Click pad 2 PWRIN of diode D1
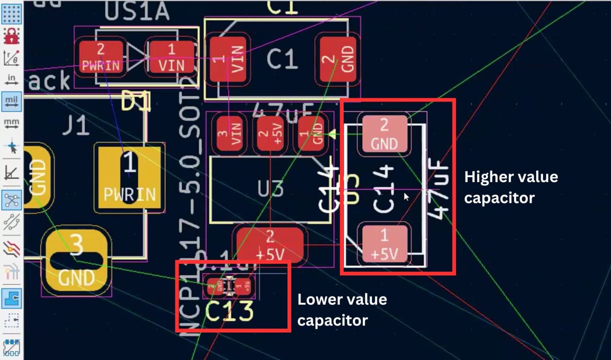[x=101, y=57]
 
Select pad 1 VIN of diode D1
[x=171, y=57]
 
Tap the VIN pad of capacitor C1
[x=228, y=59]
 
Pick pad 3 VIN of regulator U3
[x=229, y=133]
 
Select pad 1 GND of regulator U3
[x=311, y=133]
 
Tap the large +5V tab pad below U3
[x=270, y=244]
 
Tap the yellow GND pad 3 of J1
[x=76, y=261]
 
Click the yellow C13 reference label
[x=229, y=311]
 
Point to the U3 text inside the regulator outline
[x=270, y=189]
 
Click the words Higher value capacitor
[x=510, y=187]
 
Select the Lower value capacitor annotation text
[x=342, y=310]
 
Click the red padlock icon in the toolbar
[x=11, y=36]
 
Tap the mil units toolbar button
[x=11, y=101]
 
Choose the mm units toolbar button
[x=11, y=124]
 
